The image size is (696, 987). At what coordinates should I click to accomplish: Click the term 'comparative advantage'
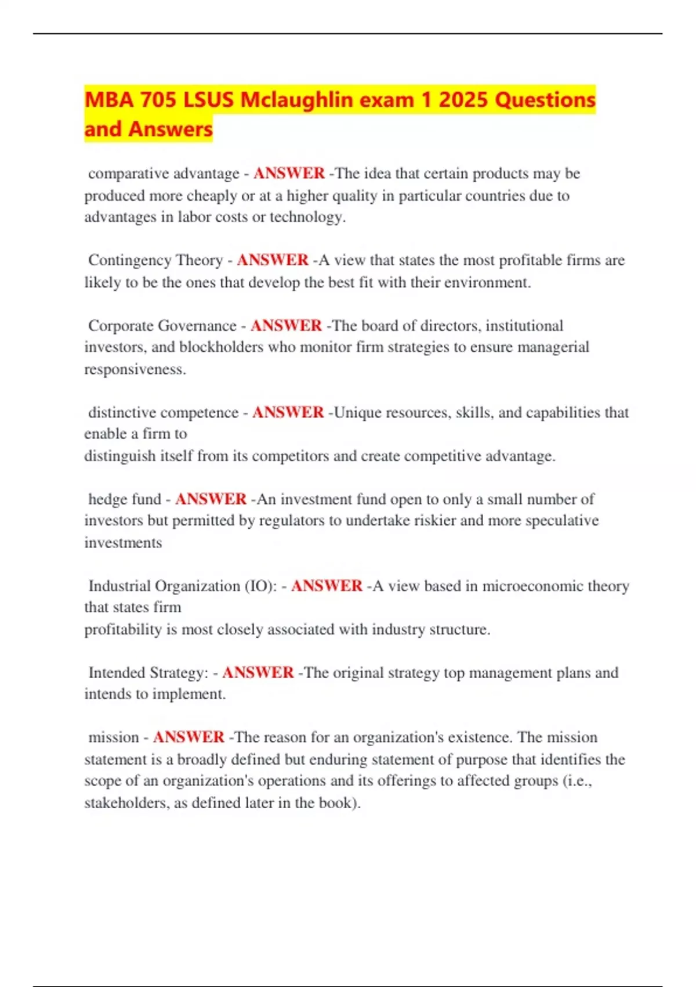click(x=164, y=174)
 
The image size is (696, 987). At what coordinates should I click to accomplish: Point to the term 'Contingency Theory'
click(x=155, y=260)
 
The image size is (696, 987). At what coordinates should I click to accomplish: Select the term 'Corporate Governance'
click(x=162, y=326)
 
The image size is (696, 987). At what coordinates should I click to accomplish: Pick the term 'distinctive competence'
click(x=163, y=412)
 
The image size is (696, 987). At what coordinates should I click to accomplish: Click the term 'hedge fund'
click(x=125, y=499)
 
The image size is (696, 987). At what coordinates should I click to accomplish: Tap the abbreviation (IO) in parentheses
click(x=255, y=586)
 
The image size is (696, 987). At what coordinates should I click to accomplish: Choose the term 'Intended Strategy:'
click(x=148, y=672)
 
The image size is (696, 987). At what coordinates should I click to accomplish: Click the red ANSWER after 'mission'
click(x=188, y=737)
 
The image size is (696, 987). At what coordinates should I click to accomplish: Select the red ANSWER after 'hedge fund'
click(x=211, y=499)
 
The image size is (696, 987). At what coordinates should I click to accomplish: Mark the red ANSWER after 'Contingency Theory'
click(x=273, y=260)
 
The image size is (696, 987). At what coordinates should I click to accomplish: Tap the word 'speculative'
click(x=561, y=521)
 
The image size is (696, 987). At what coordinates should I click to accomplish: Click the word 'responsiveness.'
click(x=135, y=369)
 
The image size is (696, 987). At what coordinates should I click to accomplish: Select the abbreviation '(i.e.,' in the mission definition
click(x=577, y=781)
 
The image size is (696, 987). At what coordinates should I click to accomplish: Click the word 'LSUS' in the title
click(x=208, y=100)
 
